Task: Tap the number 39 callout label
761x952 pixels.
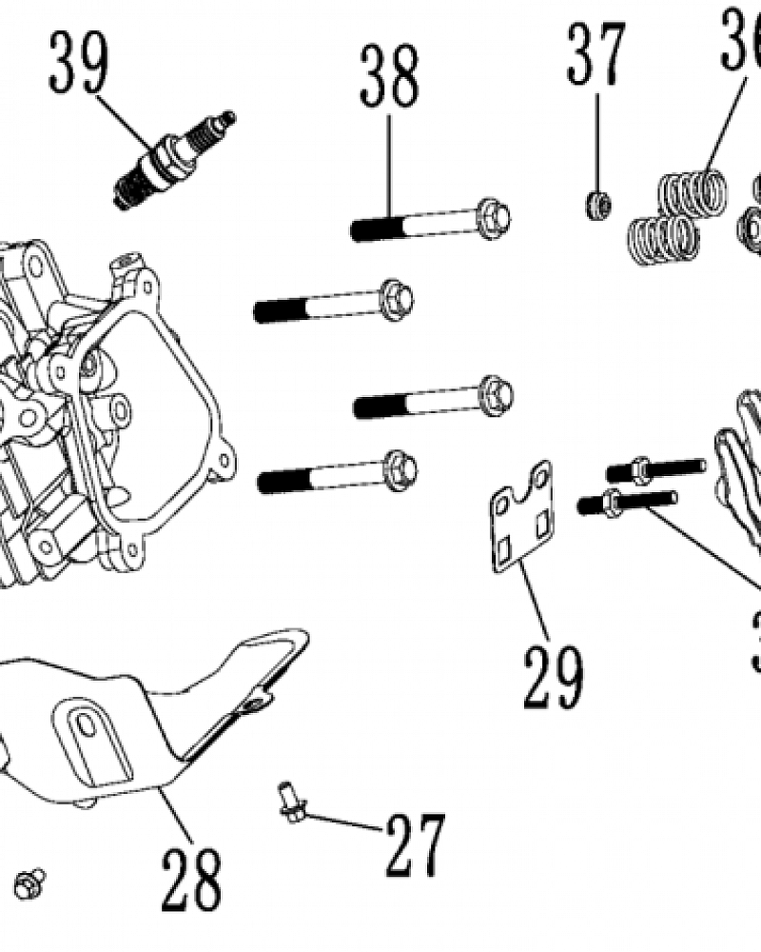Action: point(80,62)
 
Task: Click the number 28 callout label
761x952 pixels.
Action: point(190,877)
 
